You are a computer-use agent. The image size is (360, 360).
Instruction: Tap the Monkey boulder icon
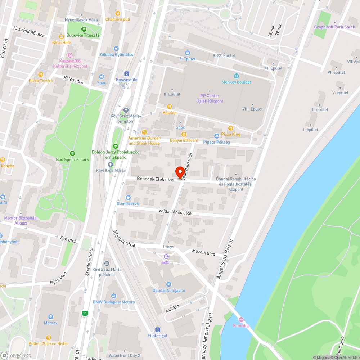[x=237, y=76]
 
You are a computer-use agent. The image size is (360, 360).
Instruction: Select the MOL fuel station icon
[x=166, y=257]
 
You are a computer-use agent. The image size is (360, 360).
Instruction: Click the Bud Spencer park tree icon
[x=72, y=153]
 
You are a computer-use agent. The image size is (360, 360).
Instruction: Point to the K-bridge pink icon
[x=241, y=320]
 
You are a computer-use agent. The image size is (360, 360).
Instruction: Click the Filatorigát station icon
[x=157, y=329]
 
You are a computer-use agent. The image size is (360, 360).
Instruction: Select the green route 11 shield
[x=85, y=313]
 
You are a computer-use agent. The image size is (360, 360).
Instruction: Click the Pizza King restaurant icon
[x=231, y=128]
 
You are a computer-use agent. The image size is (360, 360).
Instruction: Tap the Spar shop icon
[x=101, y=76]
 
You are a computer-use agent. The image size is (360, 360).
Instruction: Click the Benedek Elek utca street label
[x=155, y=179]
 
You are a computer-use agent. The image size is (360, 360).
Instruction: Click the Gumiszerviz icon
[x=128, y=198]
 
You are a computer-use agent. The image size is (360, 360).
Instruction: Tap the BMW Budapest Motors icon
[x=114, y=296]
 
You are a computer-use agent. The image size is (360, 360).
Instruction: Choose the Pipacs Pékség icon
[x=216, y=136]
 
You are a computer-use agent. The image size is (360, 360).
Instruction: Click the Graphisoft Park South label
[x=334, y=27]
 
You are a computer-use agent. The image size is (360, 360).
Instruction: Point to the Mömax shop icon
[x=50, y=317]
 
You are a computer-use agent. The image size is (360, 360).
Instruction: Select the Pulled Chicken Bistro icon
[x=49, y=337]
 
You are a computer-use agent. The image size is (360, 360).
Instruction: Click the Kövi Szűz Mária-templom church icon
[x=126, y=110]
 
